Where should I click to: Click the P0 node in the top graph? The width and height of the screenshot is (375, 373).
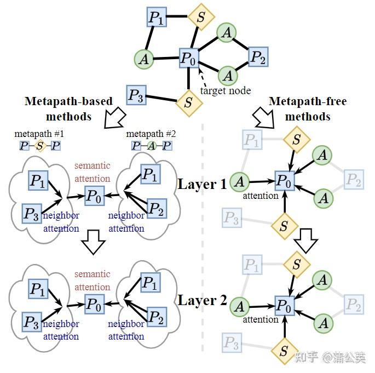coord(189,58)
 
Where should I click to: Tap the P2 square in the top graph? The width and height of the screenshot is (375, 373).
coord(258,56)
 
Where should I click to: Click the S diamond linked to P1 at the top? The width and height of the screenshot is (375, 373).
coord(200,18)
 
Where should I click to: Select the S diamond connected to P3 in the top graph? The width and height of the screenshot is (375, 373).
coord(188,102)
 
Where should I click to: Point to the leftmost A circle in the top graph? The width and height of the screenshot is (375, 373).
coord(144,59)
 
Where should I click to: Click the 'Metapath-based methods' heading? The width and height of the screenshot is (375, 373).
coord(68,109)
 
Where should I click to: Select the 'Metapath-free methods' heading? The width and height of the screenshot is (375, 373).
coord(308,109)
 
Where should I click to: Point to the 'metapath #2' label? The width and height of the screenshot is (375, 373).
coord(151,134)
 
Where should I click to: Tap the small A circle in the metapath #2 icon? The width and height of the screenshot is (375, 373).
coord(151,146)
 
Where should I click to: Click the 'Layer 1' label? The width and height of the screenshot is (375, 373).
coord(201,184)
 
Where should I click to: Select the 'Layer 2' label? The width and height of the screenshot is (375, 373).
coord(201,301)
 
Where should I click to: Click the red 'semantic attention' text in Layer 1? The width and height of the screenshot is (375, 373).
coord(92,171)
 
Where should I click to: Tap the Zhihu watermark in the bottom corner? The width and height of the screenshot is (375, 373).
coord(330,358)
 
